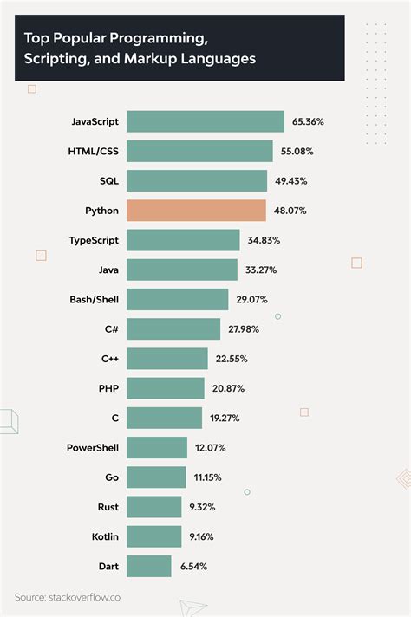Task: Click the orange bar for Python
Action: tap(196, 211)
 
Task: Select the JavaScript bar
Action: tap(205, 122)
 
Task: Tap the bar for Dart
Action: tap(149, 566)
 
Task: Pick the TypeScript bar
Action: tap(183, 240)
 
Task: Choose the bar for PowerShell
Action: tap(157, 447)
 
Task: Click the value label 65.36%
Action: tap(308, 122)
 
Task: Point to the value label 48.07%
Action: tap(290, 211)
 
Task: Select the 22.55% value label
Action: tap(229, 359)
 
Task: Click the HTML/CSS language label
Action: tap(94, 152)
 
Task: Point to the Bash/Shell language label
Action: tap(94, 299)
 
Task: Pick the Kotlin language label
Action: tap(104, 536)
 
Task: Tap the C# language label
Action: tap(111, 329)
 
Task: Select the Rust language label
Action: tap(108, 506)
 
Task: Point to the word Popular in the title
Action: tap(84, 38)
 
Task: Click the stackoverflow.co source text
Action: tap(78, 598)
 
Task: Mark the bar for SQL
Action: tap(197, 181)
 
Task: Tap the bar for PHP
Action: tap(166, 388)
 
